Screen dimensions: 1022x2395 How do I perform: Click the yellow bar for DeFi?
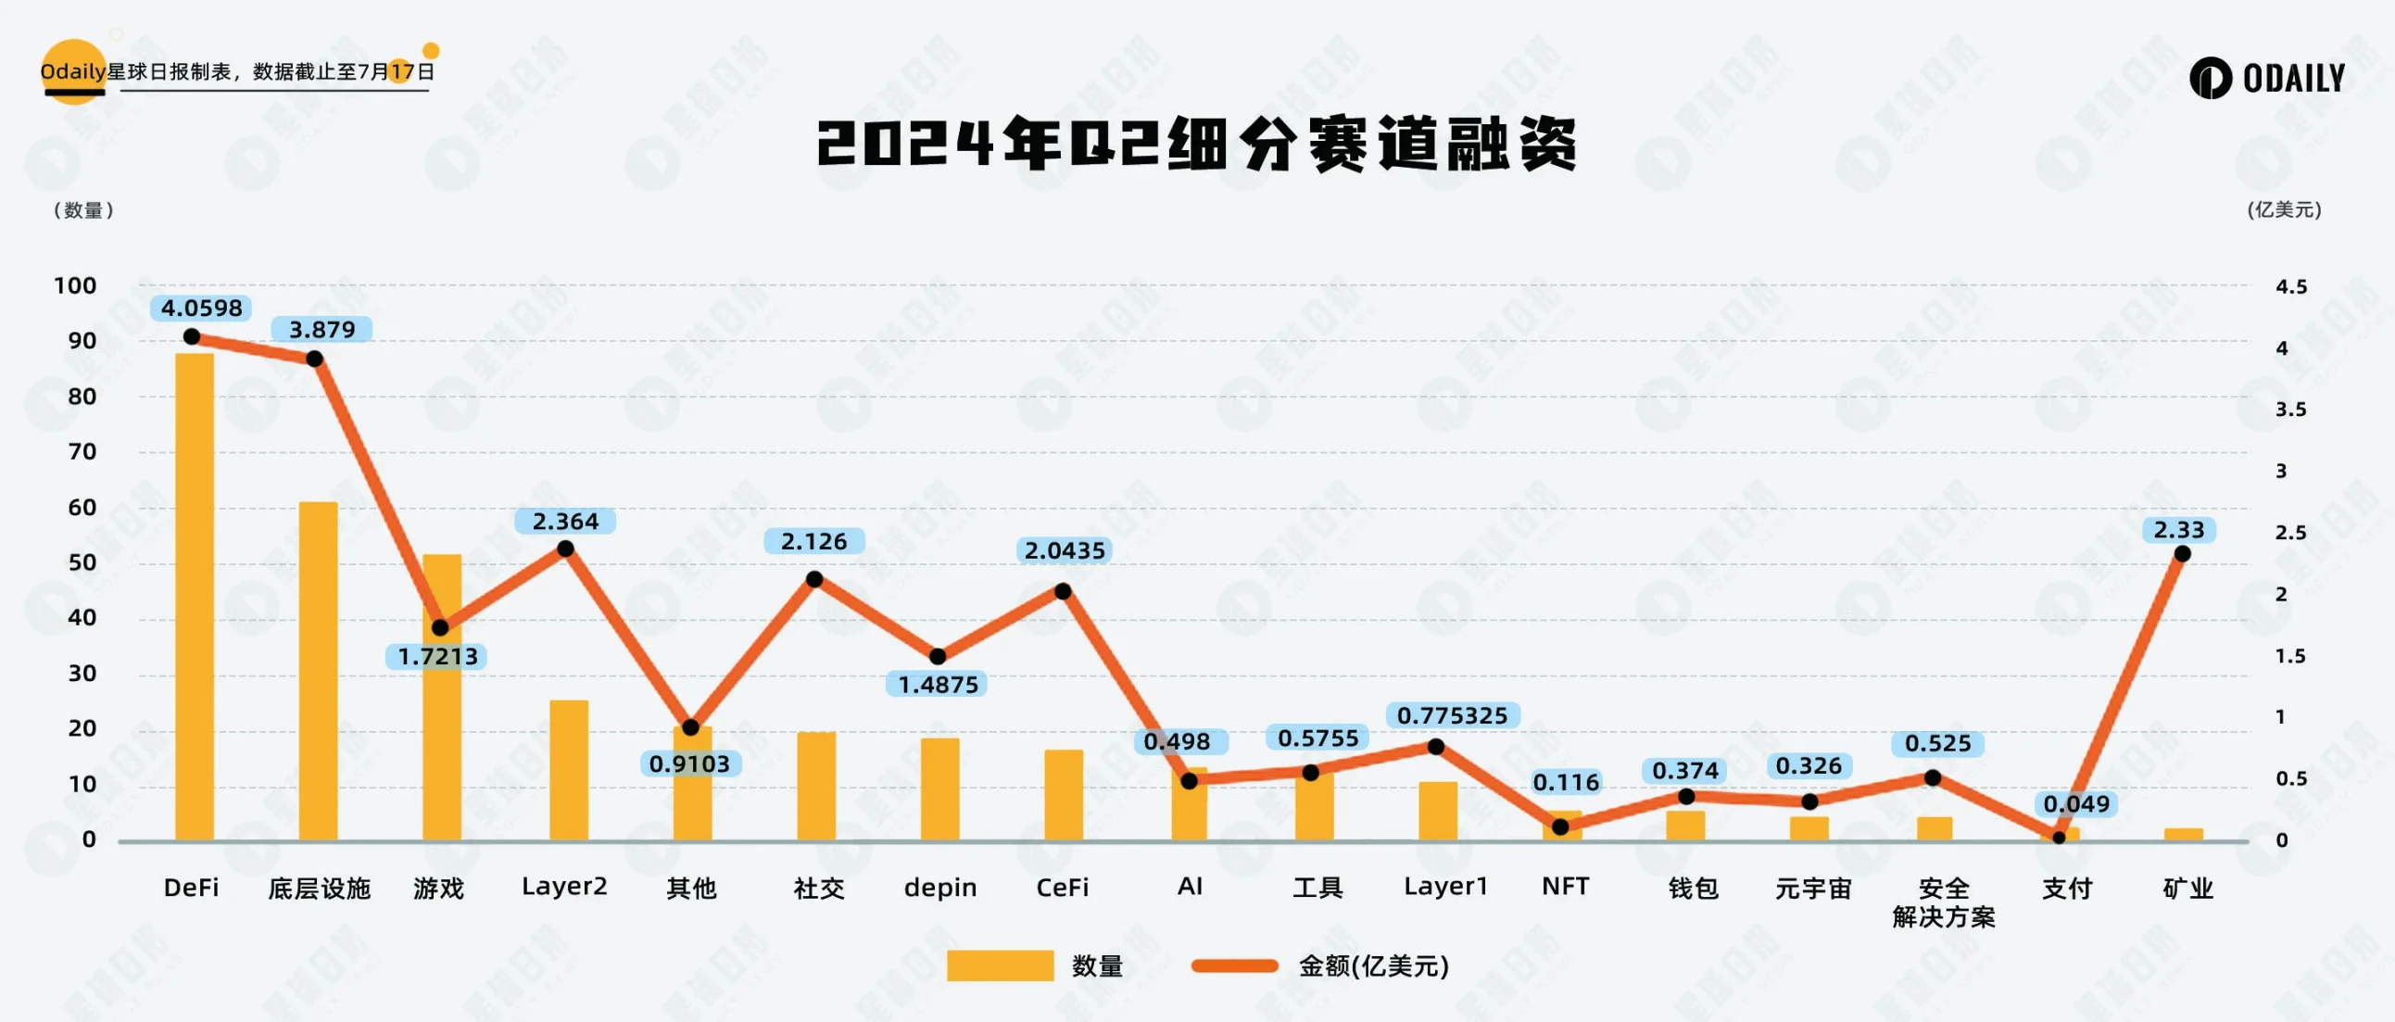tap(195, 595)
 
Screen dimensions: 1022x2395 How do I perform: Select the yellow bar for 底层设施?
tap(318, 670)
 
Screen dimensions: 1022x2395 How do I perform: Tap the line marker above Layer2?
tap(565, 549)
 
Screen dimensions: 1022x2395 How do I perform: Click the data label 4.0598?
tap(202, 308)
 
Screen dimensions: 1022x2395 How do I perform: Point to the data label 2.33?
tap(2178, 530)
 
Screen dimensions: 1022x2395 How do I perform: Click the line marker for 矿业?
tap(2182, 554)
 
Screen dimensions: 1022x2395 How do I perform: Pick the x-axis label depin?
tap(940, 887)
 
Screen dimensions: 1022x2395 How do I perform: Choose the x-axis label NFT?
tap(1565, 886)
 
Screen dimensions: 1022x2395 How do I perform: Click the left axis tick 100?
tap(75, 285)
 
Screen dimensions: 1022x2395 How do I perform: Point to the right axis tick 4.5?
tap(2291, 286)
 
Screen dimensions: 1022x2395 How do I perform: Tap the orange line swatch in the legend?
tap(1235, 965)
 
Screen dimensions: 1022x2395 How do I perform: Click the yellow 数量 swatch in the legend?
tap(1000, 965)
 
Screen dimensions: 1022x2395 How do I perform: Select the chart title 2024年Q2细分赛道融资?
tap(1196, 145)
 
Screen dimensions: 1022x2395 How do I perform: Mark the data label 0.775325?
tap(1452, 715)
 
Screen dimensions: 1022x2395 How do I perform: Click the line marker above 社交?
tap(814, 579)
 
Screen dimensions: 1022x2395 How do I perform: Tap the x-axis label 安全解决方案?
tap(1943, 902)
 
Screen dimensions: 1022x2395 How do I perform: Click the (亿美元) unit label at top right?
tap(2284, 210)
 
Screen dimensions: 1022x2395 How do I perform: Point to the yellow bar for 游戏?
tap(442, 698)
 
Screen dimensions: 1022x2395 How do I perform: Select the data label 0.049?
tap(2076, 803)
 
